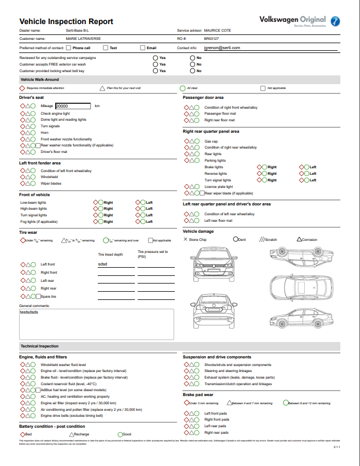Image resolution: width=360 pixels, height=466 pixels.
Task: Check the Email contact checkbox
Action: point(143,48)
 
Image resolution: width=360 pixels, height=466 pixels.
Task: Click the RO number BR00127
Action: point(211,39)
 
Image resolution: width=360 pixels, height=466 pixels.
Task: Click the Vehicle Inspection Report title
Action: point(66,21)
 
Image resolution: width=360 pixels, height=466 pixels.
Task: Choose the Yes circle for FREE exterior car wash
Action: point(156,64)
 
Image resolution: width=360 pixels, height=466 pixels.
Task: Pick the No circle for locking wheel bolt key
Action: point(192,70)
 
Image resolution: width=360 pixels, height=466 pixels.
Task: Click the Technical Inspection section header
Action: point(39,346)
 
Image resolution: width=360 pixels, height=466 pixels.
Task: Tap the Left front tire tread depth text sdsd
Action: point(103,264)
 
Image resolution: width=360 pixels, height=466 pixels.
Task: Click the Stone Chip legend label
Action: point(197,239)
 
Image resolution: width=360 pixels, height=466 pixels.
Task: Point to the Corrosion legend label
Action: point(309,239)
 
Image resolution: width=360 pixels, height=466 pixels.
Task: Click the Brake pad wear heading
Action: point(198,394)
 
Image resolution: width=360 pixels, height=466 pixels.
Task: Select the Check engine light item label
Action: point(55,114)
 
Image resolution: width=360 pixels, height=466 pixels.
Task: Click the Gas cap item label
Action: point(211,141)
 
